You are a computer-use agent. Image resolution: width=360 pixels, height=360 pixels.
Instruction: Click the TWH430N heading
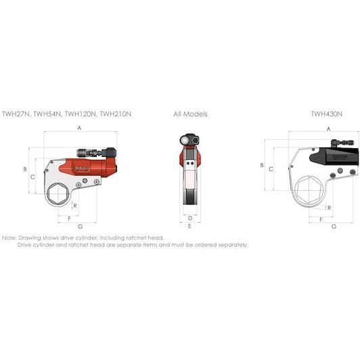(x=326, y=114)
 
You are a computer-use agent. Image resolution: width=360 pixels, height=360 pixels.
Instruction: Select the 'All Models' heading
(x=190, y=114)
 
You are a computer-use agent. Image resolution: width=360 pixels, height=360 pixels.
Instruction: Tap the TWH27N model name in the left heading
(x=16, y=114)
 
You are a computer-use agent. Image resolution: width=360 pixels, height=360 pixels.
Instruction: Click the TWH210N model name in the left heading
(x=116, y=114)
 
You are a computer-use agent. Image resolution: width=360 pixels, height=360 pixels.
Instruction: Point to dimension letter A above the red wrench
(x=79, y=128)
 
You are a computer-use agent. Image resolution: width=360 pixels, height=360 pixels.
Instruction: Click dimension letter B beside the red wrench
(x=25, y=169)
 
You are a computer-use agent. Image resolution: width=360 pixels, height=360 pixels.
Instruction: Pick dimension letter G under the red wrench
(x=80, y=227)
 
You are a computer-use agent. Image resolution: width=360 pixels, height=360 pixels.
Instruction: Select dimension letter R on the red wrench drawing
(x=75, y=206)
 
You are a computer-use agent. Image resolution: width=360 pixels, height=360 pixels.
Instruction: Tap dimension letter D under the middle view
(x=190, y=218)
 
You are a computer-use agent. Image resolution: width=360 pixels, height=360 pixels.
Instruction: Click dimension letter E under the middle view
(x=189, y=226)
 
